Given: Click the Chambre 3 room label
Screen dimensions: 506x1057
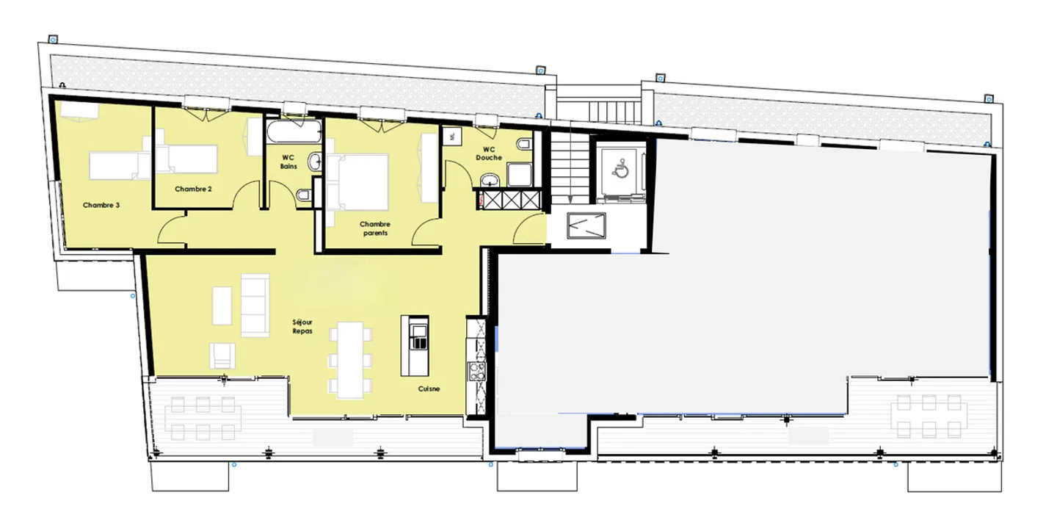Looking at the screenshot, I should [x=101, y=206].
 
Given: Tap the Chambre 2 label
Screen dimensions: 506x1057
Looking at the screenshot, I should [x=194, y=189].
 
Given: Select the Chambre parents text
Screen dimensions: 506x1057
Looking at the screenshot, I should [x=374, y=228].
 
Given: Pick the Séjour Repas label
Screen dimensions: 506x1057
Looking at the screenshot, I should [x=302, y=327].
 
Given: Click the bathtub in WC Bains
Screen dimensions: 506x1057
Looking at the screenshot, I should [x=294, y=134].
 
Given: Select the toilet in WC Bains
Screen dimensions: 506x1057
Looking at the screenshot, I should [x=303, y=195].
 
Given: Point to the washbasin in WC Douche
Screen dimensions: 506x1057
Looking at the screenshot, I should [x=490, y=178].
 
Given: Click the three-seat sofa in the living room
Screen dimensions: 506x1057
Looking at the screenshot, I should [x=255, y=305].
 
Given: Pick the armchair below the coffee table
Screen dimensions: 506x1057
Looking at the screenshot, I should [x=223, y=355].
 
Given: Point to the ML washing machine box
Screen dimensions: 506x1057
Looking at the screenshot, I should [x=451, y=135].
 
